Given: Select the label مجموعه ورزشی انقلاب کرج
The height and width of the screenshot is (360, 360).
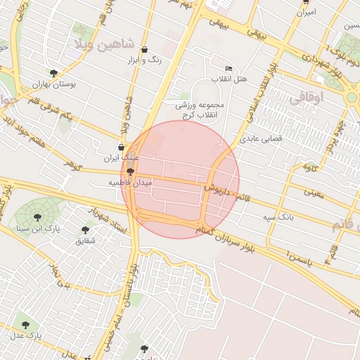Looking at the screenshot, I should pyautogui.click(x=199, y=109).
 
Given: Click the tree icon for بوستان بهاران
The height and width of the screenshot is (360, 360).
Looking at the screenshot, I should pyautogui.click(x=53, y=72).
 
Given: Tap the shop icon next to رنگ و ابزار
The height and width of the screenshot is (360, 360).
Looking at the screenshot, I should pyautogui.click(x=145, y=50).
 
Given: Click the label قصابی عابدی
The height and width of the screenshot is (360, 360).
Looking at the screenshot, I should pyautogui.click(x=261, y=139).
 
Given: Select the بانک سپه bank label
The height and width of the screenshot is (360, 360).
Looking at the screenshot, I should pyautogui.click(x=278, y=217).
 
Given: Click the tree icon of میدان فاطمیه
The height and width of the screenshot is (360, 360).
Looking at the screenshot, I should pyautogui.click(x=130, y=171).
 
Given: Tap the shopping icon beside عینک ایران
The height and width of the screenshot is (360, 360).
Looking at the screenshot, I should pyautogui.click(x=122, y=148).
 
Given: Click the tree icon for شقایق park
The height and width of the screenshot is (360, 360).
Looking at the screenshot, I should pyautogui.click(x=85, y=230).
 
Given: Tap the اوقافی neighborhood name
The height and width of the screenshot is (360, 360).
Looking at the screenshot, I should pyautogui.click(x=304, y=99).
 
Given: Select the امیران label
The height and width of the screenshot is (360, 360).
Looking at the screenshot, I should pyautogui.click(x=307, y=13).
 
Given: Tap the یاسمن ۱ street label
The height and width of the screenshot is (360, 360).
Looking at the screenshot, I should pyautogui.click(x=278, y=253).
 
